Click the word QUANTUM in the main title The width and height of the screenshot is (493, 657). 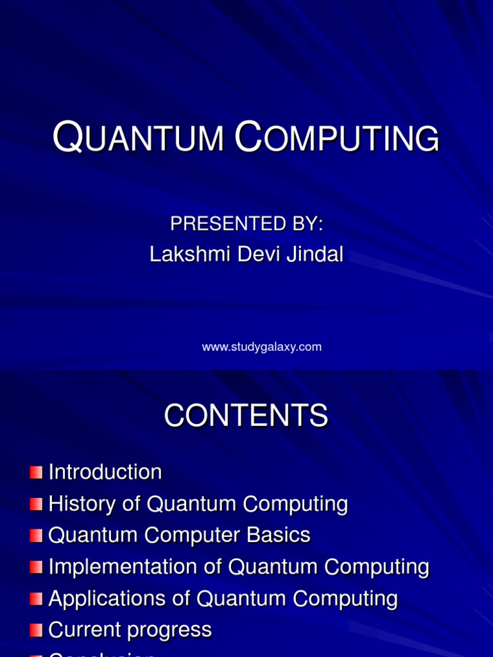click(138, 139)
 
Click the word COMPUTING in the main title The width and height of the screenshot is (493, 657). click(338, 139)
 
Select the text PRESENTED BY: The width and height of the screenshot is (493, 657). click(246, 223)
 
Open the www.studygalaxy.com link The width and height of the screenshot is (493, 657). click(261, 347)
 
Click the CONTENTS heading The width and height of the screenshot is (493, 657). click(246, 416)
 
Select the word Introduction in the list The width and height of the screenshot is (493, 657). click(105, 472)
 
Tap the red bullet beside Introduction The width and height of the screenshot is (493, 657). click(36, 473)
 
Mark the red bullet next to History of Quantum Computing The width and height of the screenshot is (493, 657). click(36, 504)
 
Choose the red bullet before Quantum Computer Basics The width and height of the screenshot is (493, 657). click(36, 536)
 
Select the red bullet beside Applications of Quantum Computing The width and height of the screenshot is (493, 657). click(36, 599)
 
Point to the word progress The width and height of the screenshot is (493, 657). click(170, 630)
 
